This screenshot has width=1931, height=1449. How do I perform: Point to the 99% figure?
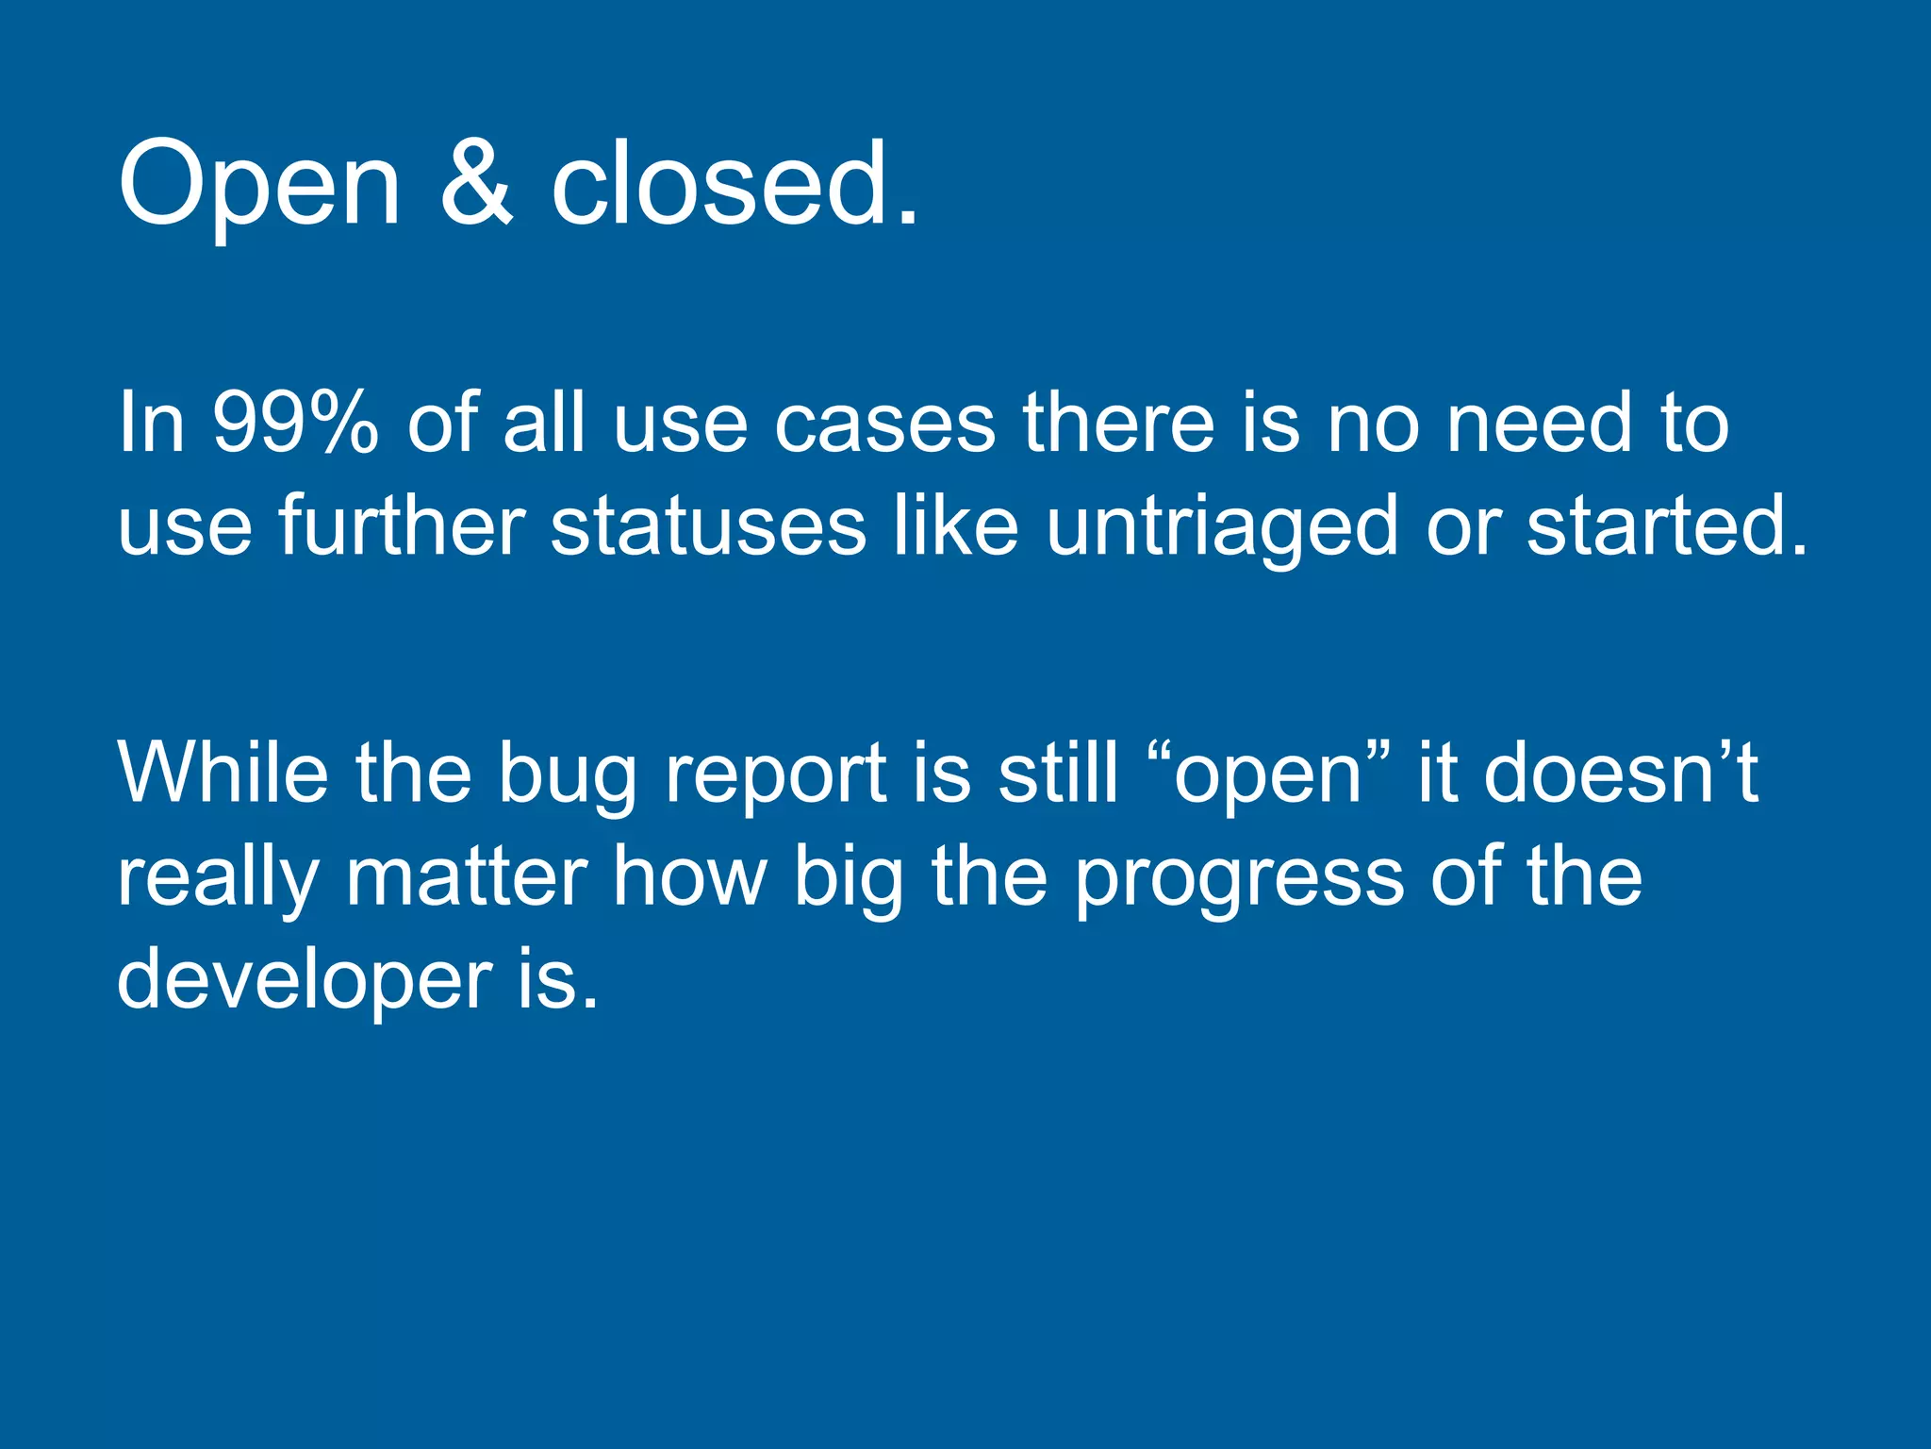294,424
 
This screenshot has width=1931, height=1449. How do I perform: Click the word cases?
884,424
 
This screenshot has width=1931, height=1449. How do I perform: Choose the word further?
401,525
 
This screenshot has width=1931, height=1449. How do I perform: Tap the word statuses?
707,525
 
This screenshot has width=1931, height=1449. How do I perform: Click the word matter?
467,877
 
